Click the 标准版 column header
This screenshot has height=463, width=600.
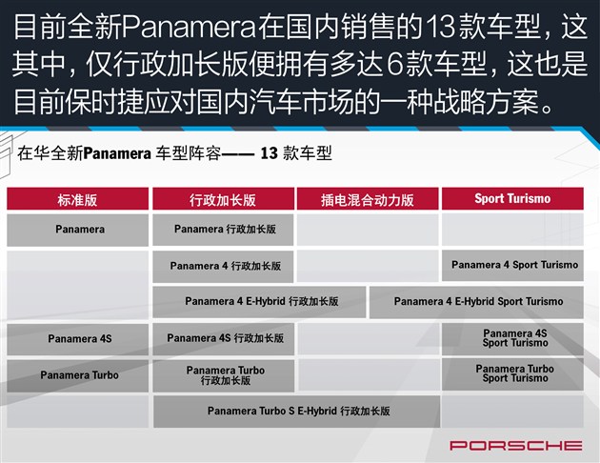tap(78, 199)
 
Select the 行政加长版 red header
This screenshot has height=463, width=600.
tap(223, 199)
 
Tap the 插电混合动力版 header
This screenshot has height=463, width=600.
tap(368, 199)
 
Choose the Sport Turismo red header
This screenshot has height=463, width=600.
tap(512, 198)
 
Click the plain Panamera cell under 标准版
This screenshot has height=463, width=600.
tap(78, 230)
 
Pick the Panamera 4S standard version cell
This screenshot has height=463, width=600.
tap(78, 339)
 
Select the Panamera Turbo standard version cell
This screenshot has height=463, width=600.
tap(78, 375)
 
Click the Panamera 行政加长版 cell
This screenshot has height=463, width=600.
tap(223, 230)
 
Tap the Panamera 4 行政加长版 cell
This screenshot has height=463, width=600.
tap(223, 267)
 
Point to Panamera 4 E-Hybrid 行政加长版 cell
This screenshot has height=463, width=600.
tap(259, 302)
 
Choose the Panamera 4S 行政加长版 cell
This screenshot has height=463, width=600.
tap(224, 338)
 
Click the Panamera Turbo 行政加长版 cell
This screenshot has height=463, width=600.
tap(224, 375)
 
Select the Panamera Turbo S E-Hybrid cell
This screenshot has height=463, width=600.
tap(296, 412)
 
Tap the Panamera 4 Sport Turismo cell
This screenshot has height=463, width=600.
tap(512, 266)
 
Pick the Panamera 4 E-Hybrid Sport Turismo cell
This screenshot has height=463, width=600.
tap(476, 302)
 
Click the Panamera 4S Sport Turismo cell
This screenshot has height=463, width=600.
tap(512, 338)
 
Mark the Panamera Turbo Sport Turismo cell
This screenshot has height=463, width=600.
tap(512, 373)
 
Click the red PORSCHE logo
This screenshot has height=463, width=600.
tap(516, 446)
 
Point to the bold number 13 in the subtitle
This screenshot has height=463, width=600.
tap(269, 153)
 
